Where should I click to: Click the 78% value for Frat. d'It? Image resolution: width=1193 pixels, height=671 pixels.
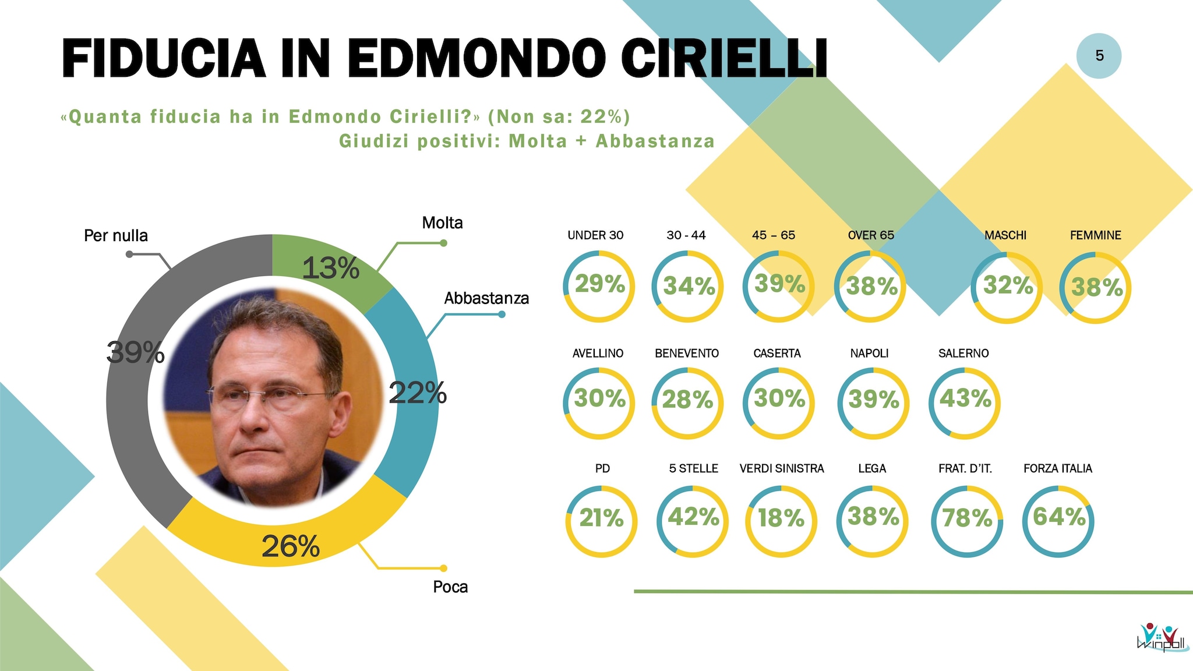[967, 518]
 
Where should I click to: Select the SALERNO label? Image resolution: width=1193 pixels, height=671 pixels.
[963, 353]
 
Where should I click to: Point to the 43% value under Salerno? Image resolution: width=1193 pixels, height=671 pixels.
[965, 399]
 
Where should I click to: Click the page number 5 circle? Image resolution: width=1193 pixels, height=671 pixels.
[1099, 56]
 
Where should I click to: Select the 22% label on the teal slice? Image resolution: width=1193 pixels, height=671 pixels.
[417, 393]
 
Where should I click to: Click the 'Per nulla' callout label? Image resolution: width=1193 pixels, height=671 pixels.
[116, 235]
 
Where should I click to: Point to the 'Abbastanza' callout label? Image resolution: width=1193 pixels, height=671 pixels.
[486, 298]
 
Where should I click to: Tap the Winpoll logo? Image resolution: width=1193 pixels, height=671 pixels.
[1159, 637]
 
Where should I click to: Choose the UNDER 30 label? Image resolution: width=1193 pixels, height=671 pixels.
[595, 235]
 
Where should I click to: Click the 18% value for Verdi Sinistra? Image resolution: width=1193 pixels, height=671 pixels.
[781, 518]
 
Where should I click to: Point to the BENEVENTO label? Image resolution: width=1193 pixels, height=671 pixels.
[687, 353]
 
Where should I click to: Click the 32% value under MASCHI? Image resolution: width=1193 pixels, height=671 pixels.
[1008, 285]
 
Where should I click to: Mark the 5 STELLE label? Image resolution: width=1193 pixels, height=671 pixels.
[693, 468]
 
